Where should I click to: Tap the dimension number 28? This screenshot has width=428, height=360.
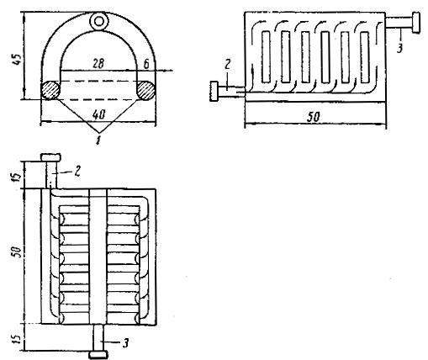pos(98,64)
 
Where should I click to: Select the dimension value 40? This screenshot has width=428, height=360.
pos(98,114)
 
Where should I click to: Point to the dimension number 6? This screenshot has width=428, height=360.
pos(146,64)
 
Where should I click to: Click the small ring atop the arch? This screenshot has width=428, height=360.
pos(98,21)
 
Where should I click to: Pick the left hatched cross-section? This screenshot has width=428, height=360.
pos(50,90)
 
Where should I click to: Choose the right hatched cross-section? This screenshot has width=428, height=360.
pos(145,90)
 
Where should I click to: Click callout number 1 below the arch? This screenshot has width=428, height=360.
pos(98,140)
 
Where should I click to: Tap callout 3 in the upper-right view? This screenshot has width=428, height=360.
pos(399,48)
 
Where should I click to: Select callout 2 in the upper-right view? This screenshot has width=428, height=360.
pos(227,65)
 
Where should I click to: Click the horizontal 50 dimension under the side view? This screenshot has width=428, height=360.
pos(313,117)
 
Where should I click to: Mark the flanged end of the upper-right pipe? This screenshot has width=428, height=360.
pos(416,22)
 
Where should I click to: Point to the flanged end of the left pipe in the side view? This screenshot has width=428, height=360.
pos(214,91)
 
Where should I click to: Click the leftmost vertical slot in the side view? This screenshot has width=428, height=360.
pos(266,57)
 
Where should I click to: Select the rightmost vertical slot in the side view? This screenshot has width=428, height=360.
pos(365,57)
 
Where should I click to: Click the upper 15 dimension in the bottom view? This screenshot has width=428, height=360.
pos(17,177)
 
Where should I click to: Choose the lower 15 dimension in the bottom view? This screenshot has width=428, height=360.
pos(17,339)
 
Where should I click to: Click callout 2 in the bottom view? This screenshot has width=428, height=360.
pos(77,171)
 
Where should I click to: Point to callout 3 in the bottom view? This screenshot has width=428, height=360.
pos(126,343)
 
